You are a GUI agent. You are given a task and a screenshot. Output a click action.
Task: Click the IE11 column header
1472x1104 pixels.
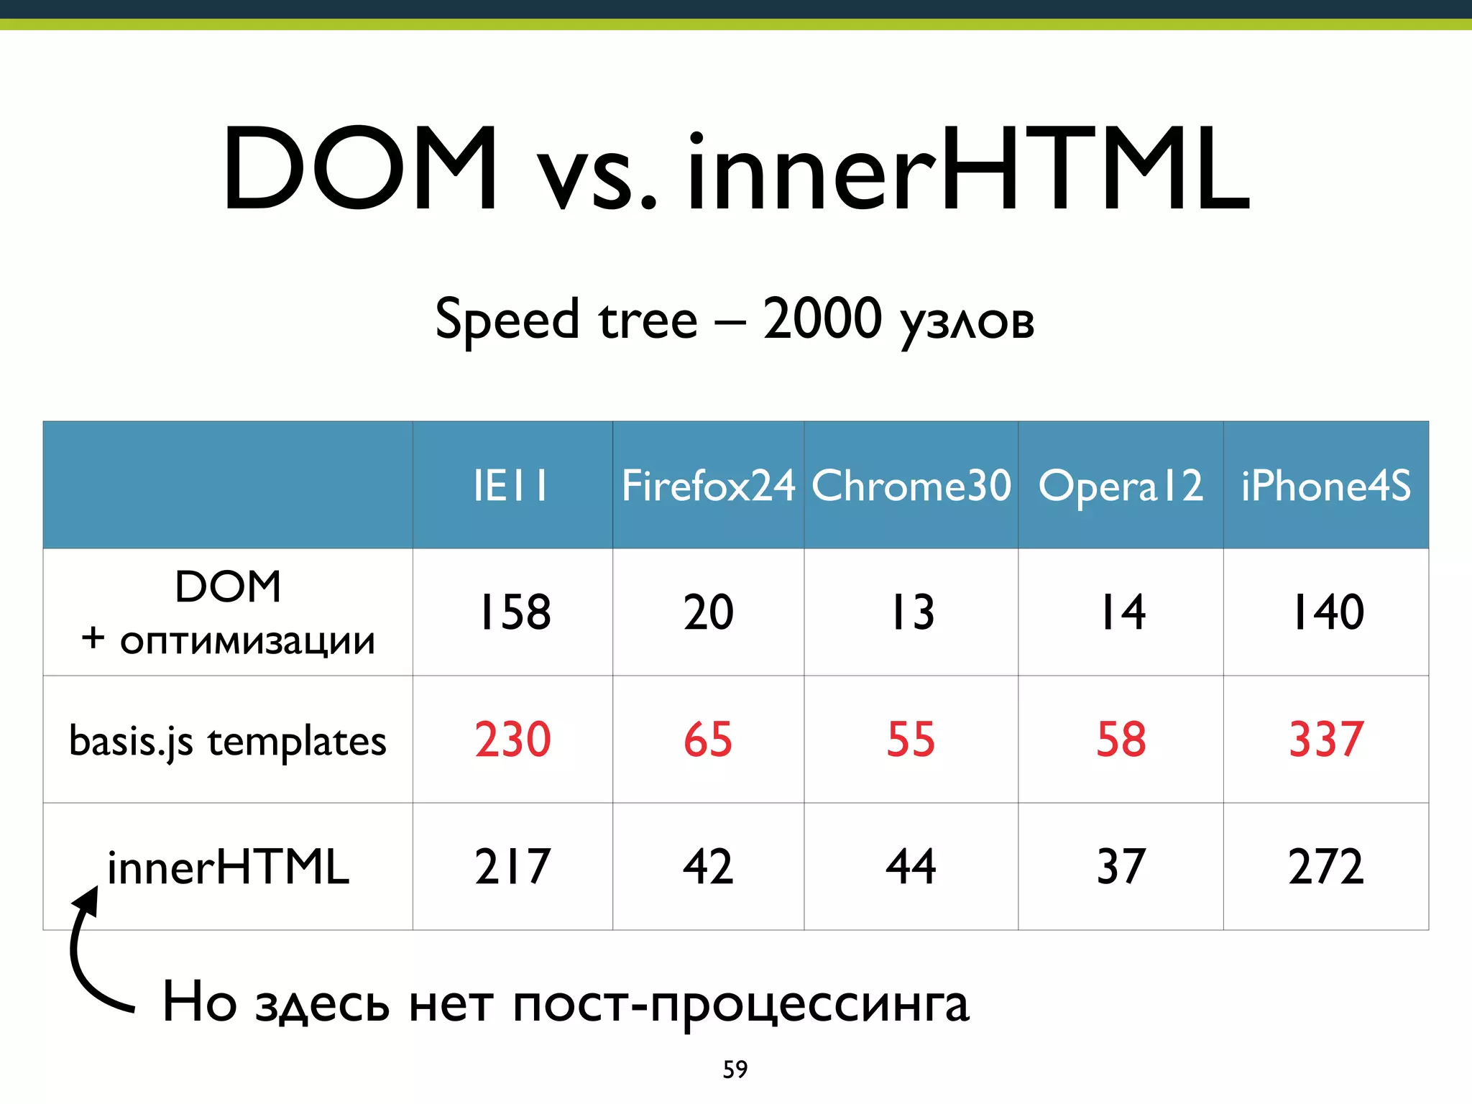pyautogui.click(x=511, y=485)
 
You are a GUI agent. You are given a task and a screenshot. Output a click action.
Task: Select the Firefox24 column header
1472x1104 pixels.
pyautogui.click(x=708, y=485)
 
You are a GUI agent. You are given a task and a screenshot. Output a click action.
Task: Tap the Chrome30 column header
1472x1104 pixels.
pyautogui.click(x=911, y=485)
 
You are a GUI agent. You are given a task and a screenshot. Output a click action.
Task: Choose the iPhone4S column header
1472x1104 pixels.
pyautogui.click(x=1326, y=485)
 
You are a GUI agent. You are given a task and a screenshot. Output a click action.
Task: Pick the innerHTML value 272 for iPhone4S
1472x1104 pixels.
pyautogui.click(x=1326, y=866)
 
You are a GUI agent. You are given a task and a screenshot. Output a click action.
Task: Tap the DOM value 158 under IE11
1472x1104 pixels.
pyautogui.click(x=514, y=612)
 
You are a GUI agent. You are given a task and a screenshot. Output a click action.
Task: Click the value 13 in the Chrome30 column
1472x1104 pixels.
pyautogui.click(x=912, y=612)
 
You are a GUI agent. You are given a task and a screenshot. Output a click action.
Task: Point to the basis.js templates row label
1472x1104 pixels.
pyautogui.click(x=228, y=741)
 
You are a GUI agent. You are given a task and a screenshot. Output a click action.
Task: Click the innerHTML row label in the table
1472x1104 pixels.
pyautogui.click(x=228, y=867)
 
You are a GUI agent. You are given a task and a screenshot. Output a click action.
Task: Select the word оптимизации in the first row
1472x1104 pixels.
pyautogui.click(x=247, y=640)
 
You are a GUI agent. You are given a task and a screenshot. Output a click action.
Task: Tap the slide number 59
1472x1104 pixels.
pyautogui.click(x=735, y=1069)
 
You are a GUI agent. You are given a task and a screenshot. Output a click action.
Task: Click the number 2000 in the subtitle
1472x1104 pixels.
pyautogui.click(x=822, y=318)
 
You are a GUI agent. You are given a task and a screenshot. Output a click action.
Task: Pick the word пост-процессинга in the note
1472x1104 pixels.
pyautogui.click(x=740, y=1003)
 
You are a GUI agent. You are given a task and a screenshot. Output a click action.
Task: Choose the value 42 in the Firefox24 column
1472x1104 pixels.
pyautogui.click(x=708, y=866)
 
